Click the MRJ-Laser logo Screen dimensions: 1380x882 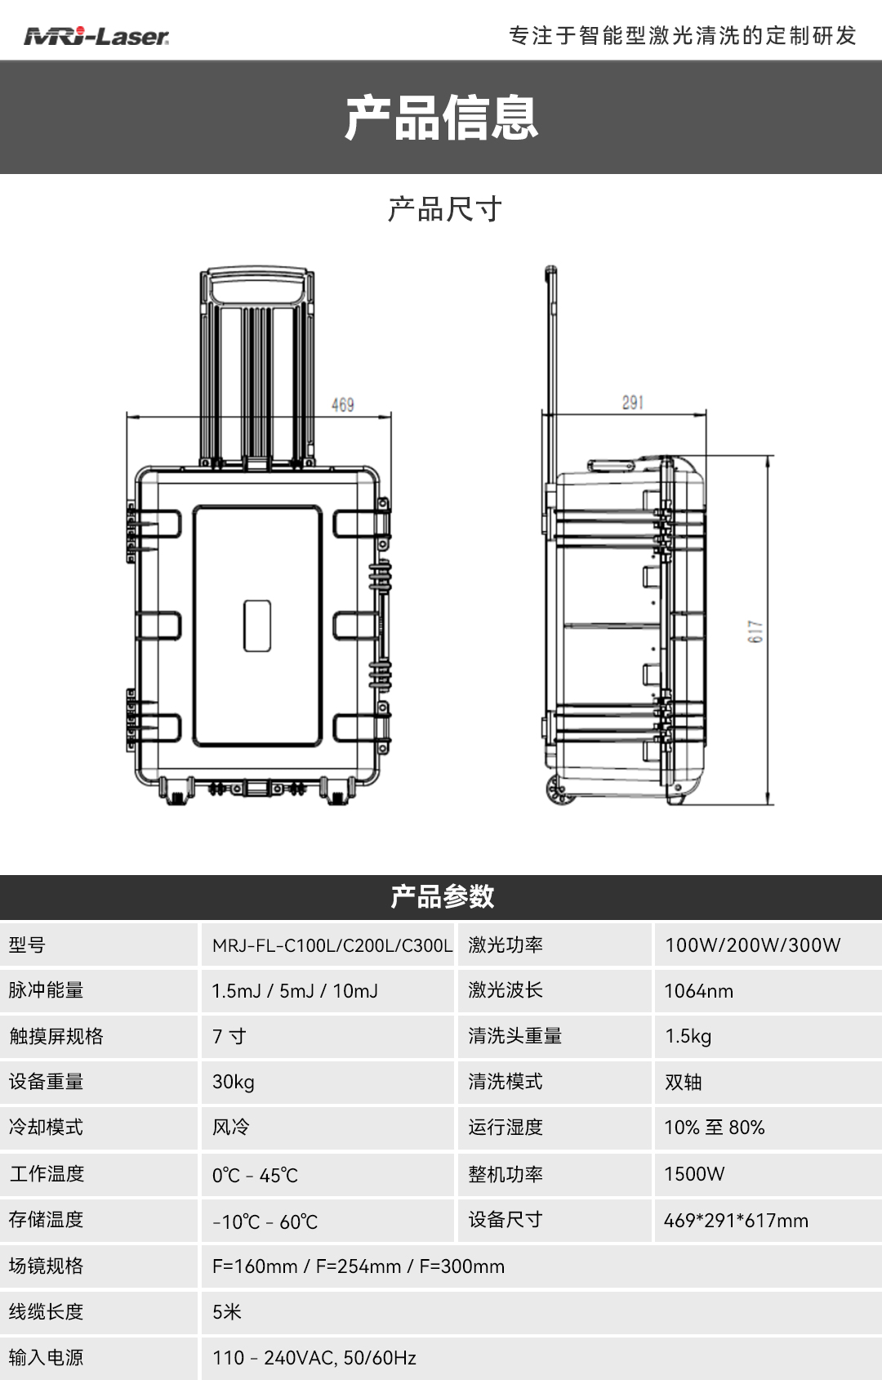[96, 36]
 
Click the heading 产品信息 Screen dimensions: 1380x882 [441, 118]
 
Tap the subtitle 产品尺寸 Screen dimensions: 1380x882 [444, 209]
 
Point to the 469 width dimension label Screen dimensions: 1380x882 [342, 404]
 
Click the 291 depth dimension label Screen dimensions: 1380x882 [632, 402]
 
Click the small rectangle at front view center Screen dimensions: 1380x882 [257, 626]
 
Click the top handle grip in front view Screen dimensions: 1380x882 [257, 287]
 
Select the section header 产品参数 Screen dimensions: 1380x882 [441, 896]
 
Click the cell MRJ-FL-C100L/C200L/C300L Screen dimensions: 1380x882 [332, 945]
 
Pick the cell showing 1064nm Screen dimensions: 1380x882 [698, 991]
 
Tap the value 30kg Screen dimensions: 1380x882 [234, 1082]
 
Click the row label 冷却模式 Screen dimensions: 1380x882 [46, 1128]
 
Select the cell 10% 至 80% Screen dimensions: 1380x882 [714, 1128]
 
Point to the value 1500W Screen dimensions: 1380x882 [694, 1174]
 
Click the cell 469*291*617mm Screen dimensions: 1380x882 [736, 1221]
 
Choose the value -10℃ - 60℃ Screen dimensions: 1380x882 [265, 1222]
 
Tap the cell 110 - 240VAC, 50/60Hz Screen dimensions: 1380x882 [314, 1358]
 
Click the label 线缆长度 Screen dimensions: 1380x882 [46, 1312]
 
